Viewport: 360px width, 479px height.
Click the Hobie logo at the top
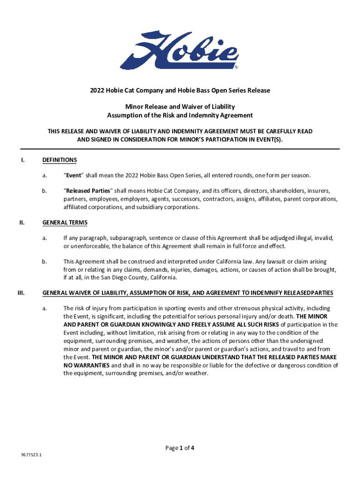click(180, 50)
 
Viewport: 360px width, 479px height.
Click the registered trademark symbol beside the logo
click(236, 67)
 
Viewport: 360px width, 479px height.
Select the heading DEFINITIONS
click(59, 160)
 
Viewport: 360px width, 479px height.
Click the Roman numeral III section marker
click(21, 293)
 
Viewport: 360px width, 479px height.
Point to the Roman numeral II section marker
click(22, 222)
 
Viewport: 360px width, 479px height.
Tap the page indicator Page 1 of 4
click(180, 448)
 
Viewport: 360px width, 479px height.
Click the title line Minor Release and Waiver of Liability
click(180, 107)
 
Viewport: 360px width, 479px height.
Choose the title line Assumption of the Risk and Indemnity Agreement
click(180, 115)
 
